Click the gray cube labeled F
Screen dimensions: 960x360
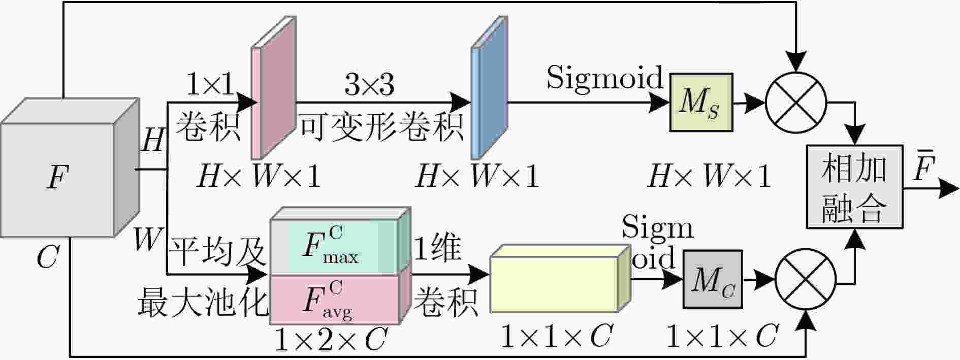coord(70,168)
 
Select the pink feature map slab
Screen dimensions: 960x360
coord(274,87)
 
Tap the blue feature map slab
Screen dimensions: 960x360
coord(489,87)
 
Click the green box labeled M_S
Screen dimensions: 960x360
coord(701,103)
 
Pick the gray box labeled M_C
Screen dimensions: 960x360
coord(713,279)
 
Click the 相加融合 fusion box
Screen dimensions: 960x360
coord(854,186)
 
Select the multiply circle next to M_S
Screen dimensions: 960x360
coord(796,103)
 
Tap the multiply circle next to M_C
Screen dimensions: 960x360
coord(806,279)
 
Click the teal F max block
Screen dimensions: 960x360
coord(340,242)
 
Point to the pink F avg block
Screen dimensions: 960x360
coord(340,300)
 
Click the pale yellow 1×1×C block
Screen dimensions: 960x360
coord(560,278)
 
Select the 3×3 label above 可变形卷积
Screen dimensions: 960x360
coord(369,84)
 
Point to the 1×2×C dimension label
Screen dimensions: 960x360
coord(331,340)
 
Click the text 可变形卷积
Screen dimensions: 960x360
coord(381,127)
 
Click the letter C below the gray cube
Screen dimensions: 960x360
coord(48,257)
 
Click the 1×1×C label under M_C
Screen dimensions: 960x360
coord(721,336)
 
